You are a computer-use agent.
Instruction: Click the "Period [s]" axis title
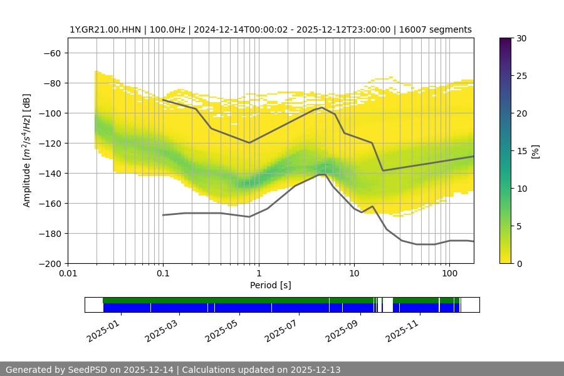[x=271, y=285]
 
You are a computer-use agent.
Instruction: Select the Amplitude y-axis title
[x=27, y=150]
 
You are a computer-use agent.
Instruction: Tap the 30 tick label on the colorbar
[x=520, y=38]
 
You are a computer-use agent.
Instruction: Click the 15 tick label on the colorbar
[x=520, y=151]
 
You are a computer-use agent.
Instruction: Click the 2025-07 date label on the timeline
[x=281, y=330]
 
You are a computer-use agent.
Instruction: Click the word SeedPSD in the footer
[x=88, y=370]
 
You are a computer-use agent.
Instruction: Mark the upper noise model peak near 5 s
[x=322, y=107]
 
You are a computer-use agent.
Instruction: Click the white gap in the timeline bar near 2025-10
[x=388, y=305]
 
